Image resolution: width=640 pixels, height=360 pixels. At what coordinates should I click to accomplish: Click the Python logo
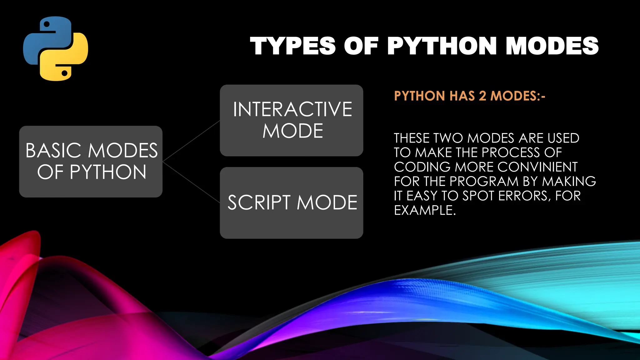pyautogui.click(x=56, y=49)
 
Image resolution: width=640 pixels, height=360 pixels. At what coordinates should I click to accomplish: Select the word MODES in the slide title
pyautogui.click(x=552, y=46)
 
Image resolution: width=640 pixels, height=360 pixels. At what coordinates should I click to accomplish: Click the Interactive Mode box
pyautogui.click(x=291, y=120)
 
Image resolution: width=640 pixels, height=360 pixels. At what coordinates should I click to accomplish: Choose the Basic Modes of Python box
pyautogui.click(x=91, y=162)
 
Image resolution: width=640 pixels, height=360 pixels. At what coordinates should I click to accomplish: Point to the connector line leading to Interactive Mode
pyautogui.click(x=191, y=141)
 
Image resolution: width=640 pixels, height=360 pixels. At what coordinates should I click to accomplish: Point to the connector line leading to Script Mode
pyautogui.click(x=191, y=182)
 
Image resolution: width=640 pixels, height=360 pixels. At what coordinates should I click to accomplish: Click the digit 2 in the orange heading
pyautogui.click(x=482, y=96)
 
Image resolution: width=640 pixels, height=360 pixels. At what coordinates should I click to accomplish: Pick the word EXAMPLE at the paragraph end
pyautogui.click(x=424, y=210)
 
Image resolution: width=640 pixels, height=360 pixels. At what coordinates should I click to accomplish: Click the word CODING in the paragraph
pyautogui.click(x=422, y=167)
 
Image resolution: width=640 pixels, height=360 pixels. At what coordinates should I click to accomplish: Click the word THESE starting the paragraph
pyautogui.click(x=412, y=138)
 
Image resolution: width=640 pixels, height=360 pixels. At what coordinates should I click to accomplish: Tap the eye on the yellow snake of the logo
pyautogui.click(x=65, y=73)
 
